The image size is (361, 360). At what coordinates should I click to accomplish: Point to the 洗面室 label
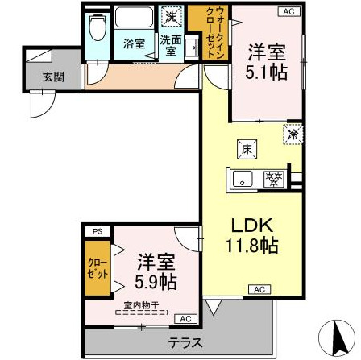[169, 45]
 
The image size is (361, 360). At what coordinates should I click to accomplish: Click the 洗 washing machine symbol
[172, 14]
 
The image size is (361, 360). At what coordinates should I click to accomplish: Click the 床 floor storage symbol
[247, 148]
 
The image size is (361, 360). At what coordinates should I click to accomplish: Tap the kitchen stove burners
[274, 179]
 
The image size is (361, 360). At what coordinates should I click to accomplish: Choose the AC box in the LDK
[259, 288]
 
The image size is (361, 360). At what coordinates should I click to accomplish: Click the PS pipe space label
[98, 231]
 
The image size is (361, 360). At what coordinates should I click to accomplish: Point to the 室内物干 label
[141, 305]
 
